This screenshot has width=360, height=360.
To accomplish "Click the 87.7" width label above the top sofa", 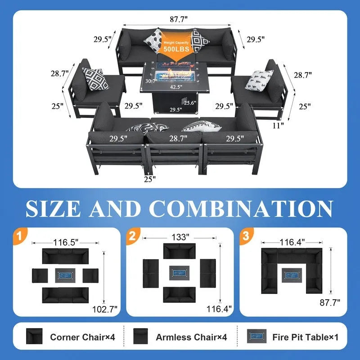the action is click(x=179, y=19).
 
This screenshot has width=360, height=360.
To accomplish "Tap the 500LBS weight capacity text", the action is click(x=176, y=49).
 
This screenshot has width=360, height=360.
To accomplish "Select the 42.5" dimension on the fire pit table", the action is click(x=176, y=87).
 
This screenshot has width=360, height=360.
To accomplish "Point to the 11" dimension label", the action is click(x=278, y=126).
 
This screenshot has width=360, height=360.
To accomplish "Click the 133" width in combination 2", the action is click(x=180, y=237).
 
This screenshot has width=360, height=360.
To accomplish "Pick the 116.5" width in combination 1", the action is click(x=66, y=242).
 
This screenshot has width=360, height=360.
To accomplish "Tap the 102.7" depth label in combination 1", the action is click(x=105, y=309).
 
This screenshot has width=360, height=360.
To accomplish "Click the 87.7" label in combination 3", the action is click(x=330, y=302).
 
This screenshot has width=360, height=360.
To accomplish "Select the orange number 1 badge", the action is click(x=20, y=235).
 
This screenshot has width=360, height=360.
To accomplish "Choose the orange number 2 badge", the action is click(x=133, y=235).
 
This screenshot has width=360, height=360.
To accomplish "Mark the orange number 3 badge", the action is click(x=246, y=235).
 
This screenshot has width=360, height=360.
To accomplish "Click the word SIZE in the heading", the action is click(x=53, y=208).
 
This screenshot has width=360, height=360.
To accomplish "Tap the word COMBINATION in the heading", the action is click(x=241, y=208).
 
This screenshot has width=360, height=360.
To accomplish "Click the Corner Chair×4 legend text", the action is click(x=82, y=337).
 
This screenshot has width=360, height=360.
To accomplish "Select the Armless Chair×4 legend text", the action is click(x=191, y=337).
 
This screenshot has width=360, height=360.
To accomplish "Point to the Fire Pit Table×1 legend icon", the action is click(x=256, y=336).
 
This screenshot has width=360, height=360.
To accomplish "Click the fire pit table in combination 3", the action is click(x=292, y=275).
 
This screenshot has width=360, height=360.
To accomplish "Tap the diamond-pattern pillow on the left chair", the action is click(x=95, y=79).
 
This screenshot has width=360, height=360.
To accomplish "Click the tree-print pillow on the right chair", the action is click(x=260, y=80).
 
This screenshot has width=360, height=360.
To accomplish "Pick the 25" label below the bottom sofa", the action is click(x=150, y=179).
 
